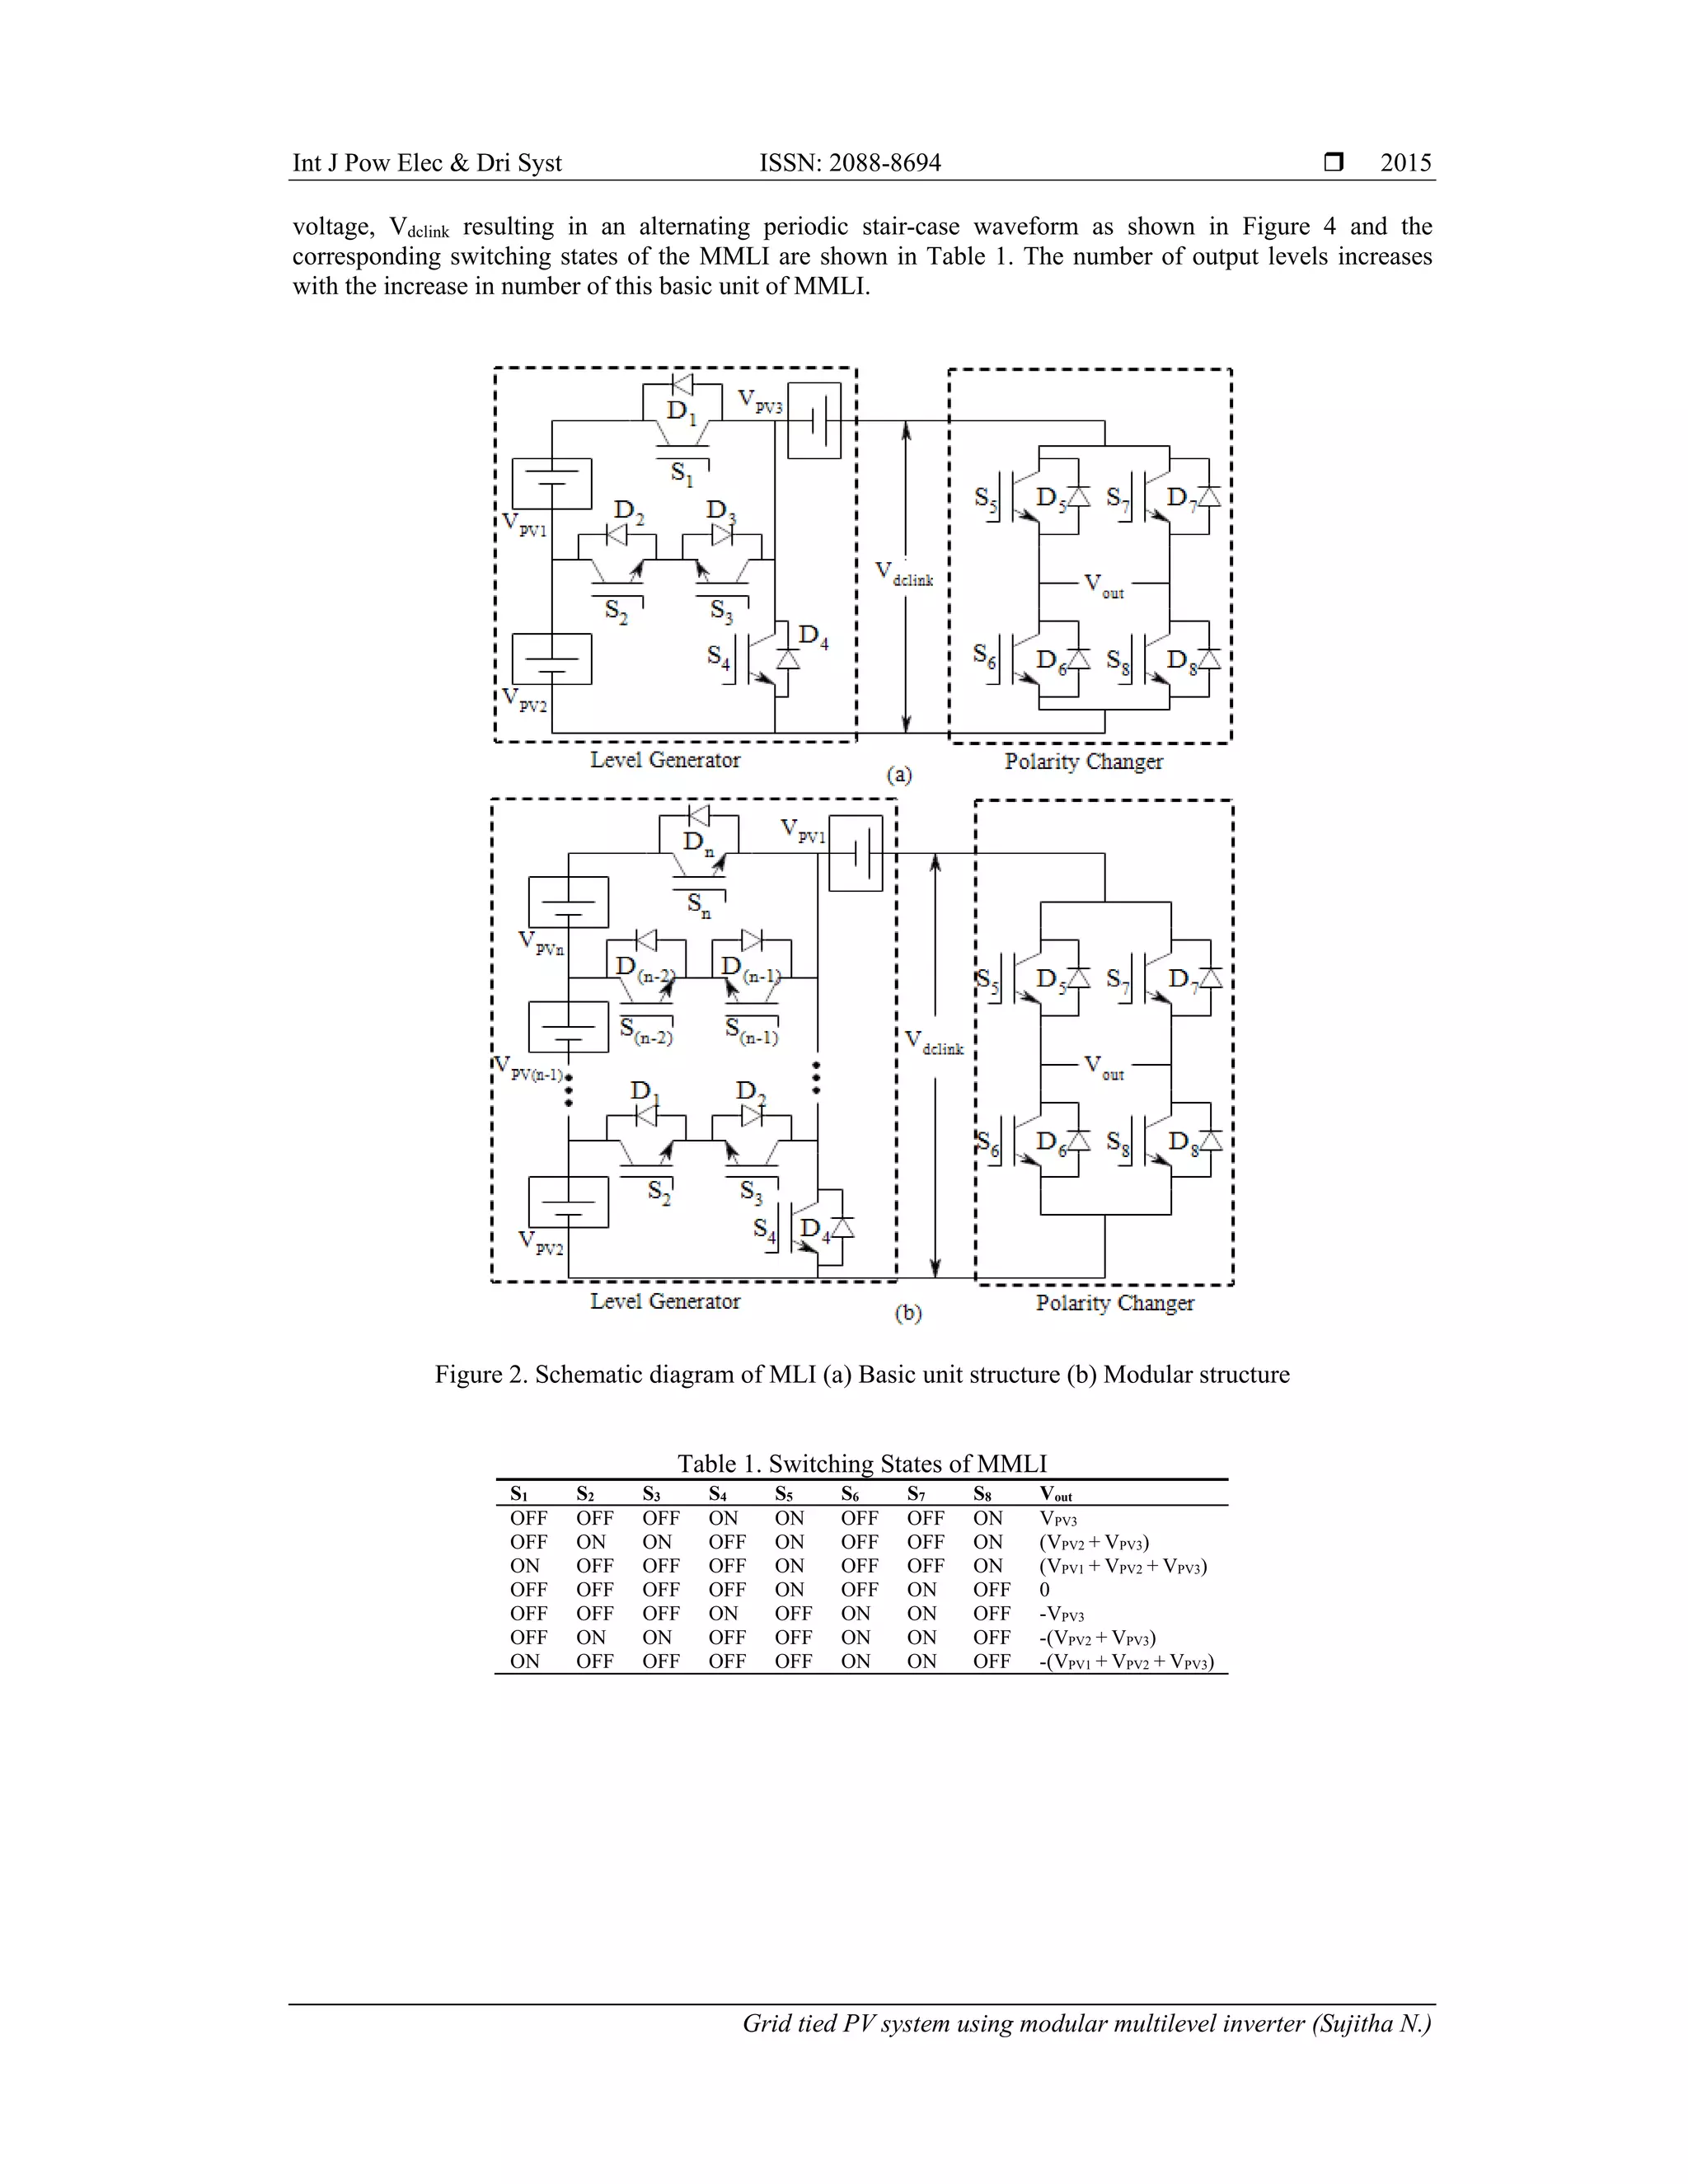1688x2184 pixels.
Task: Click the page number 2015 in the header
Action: coord(1405,163)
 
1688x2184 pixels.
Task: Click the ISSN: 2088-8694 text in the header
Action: coord(850,163)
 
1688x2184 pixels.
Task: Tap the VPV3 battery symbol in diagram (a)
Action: coord(814,421)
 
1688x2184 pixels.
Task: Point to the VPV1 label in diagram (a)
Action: coord(524,525)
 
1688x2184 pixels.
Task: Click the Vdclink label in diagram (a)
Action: coord(904,574)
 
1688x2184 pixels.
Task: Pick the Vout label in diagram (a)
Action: coord(1104,585)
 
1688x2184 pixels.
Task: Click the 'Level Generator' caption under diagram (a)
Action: coord(665,760)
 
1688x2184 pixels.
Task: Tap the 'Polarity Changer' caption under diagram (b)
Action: coord(1114,1303)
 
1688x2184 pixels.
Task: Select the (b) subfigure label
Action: coord(907,1314)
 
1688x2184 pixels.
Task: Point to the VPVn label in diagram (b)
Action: coord(541,943)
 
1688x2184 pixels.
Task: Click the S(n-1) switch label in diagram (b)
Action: coord(751,1031)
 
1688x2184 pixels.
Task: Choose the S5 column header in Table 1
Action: coord(784,1494)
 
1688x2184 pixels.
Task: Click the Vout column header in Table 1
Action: coord(1055,1494)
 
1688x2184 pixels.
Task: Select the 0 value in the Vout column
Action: coord(1045,1590)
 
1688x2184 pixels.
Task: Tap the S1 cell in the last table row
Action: coord(524,1661)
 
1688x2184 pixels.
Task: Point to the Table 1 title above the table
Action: coord(861,1464)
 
